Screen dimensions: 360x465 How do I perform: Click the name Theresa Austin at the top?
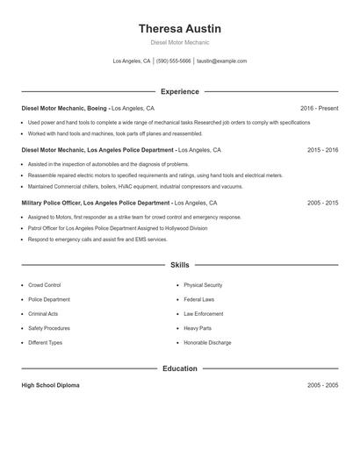(x=180, y=28)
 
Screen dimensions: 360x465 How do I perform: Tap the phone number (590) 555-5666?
(x=174, y=61)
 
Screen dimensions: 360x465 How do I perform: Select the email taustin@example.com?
(x=222, y=61)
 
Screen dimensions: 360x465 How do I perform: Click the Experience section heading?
(x=180, y=91)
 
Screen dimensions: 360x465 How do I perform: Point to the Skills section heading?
(x=180, y=264)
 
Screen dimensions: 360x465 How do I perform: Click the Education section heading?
(x=180, y=368)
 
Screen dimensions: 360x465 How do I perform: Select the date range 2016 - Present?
(x=319, y=108)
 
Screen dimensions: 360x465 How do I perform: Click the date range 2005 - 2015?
(x=322, y=202)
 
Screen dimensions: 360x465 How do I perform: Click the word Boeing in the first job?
(x=98, y=108)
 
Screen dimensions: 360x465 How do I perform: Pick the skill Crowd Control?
(x=45, y=285)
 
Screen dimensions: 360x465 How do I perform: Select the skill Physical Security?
(x=203, y=285)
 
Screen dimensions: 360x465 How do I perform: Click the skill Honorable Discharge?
(x=207, y=342)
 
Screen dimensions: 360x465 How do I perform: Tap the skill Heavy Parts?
(x=198, y=328)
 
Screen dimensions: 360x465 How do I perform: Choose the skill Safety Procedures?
(x=49, y=328)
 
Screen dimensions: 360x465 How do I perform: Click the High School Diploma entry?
(x=51, y=385)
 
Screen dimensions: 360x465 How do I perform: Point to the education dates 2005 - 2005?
(x=322, y=385)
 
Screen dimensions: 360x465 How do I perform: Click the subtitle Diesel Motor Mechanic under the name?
(x=180, y=42)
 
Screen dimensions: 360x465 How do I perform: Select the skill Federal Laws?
(x=199, y=299)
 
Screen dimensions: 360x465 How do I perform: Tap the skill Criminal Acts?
(x=43, y=313)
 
